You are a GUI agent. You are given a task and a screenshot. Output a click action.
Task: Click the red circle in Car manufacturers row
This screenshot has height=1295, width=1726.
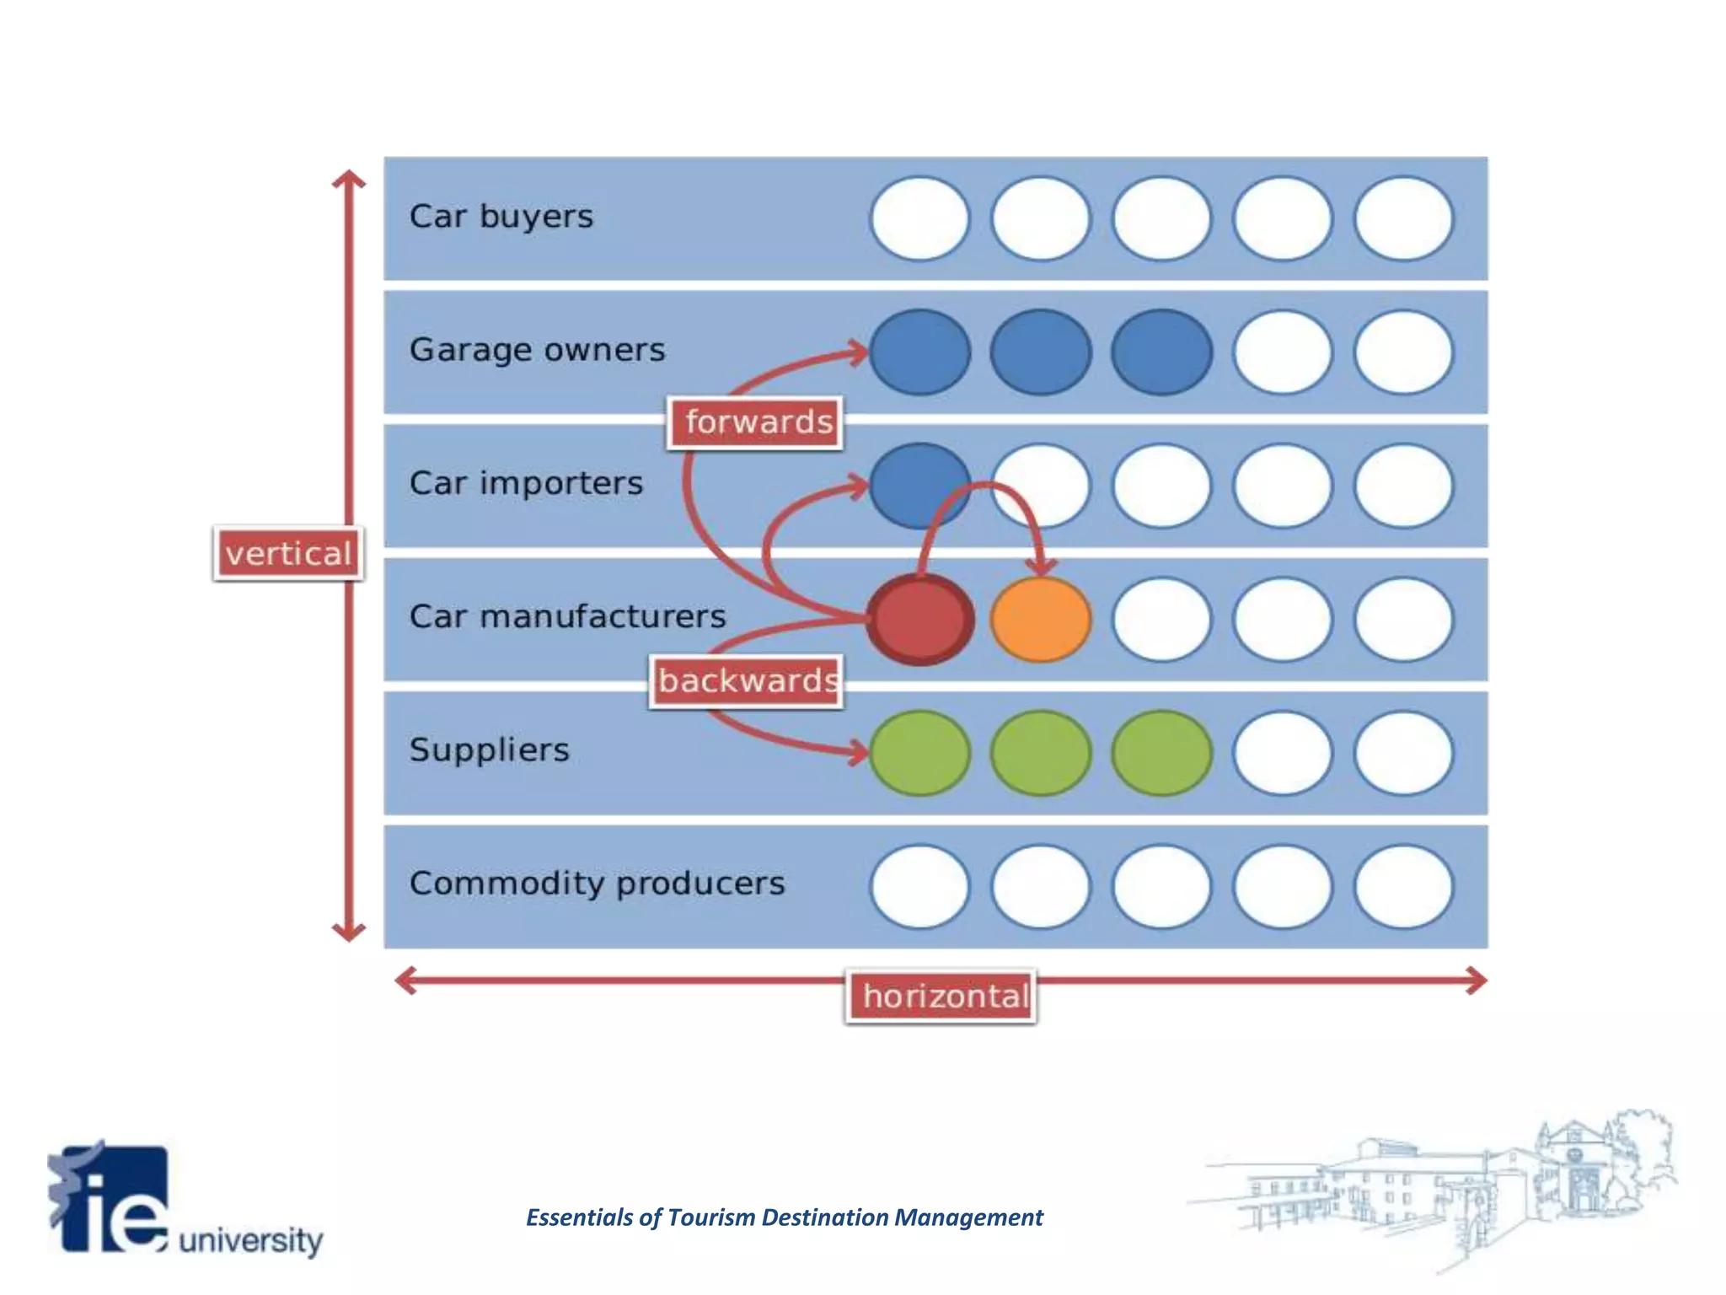coord(919,620)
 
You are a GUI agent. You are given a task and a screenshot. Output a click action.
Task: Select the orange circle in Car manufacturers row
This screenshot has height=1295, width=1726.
coord(1041,620)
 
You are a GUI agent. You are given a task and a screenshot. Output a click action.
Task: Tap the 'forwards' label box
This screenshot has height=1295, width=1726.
coord(756,422)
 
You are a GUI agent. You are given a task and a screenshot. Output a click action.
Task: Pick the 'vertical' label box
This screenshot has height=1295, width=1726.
coord(288,554)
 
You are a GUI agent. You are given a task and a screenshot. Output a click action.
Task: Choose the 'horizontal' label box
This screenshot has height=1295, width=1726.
coord(942,997)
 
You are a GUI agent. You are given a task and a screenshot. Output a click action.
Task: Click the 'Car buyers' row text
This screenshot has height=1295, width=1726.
coord(501,217)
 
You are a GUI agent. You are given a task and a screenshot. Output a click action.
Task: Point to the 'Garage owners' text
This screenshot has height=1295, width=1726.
coord(537,350)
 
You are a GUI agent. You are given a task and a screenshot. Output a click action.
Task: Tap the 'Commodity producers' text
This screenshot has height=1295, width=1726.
coord(597,884)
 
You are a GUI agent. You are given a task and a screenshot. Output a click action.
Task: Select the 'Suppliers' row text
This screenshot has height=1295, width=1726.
coord(490,750)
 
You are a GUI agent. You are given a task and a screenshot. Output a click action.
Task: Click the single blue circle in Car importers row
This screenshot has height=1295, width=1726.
coord(919,486)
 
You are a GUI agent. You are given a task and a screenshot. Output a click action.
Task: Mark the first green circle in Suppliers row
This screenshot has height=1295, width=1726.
coord(919,753)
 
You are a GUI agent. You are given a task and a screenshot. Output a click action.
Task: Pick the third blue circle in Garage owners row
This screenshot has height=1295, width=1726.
coord(1161,352)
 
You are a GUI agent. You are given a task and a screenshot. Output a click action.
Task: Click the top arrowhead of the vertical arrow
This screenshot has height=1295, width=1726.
coord(348,179)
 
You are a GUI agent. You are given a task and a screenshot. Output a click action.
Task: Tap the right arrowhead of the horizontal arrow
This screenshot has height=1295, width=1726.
coord(1477,981)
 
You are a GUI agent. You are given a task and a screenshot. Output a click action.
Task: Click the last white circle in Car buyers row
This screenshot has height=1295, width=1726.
coord(1403,218)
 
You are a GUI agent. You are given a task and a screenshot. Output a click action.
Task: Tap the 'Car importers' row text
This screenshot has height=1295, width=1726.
coord(526,483)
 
